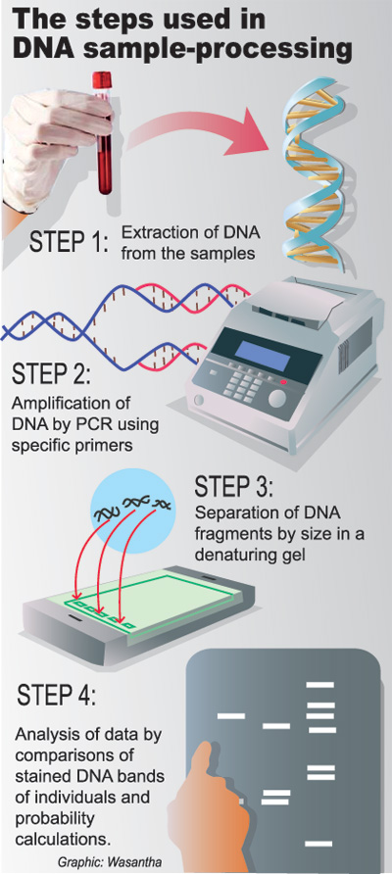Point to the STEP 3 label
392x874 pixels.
click(234, 488)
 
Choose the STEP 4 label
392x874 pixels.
click(58, 697)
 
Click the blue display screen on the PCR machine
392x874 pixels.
click(262, 356)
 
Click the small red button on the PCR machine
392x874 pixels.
click(283, 381)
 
